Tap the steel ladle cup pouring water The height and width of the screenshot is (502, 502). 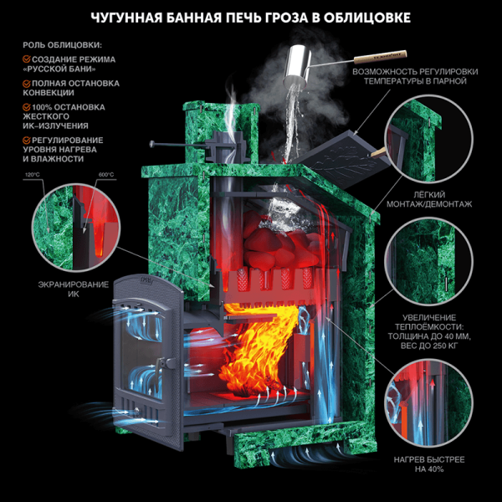tap(297, 65)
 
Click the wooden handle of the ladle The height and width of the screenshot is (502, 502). tap(381, 56)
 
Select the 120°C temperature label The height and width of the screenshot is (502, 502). tap(33, 175)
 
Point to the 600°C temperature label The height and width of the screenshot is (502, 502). tap(106, 175)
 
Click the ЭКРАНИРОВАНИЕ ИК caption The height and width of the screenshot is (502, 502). tap(74, 289)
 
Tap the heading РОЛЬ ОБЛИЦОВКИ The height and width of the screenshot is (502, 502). tap(62, 45)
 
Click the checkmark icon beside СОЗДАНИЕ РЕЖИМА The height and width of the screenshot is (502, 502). tap(27, 59)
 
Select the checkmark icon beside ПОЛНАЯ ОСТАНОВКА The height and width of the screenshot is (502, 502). tap(27, 83)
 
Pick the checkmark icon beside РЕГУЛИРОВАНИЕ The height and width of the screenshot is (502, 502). tap(27, 140)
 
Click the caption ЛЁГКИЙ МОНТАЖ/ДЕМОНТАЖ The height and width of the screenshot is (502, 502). tap(429, 199)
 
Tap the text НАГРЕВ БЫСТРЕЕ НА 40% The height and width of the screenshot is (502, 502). tap(429, 464)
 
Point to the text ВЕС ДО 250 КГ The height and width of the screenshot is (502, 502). tap(429, 346)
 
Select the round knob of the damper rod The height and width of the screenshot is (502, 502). tap(152, 145)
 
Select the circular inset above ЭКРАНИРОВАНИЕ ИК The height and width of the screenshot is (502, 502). tap(76, 228)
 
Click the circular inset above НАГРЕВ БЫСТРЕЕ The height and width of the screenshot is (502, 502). tap(428, 402)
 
